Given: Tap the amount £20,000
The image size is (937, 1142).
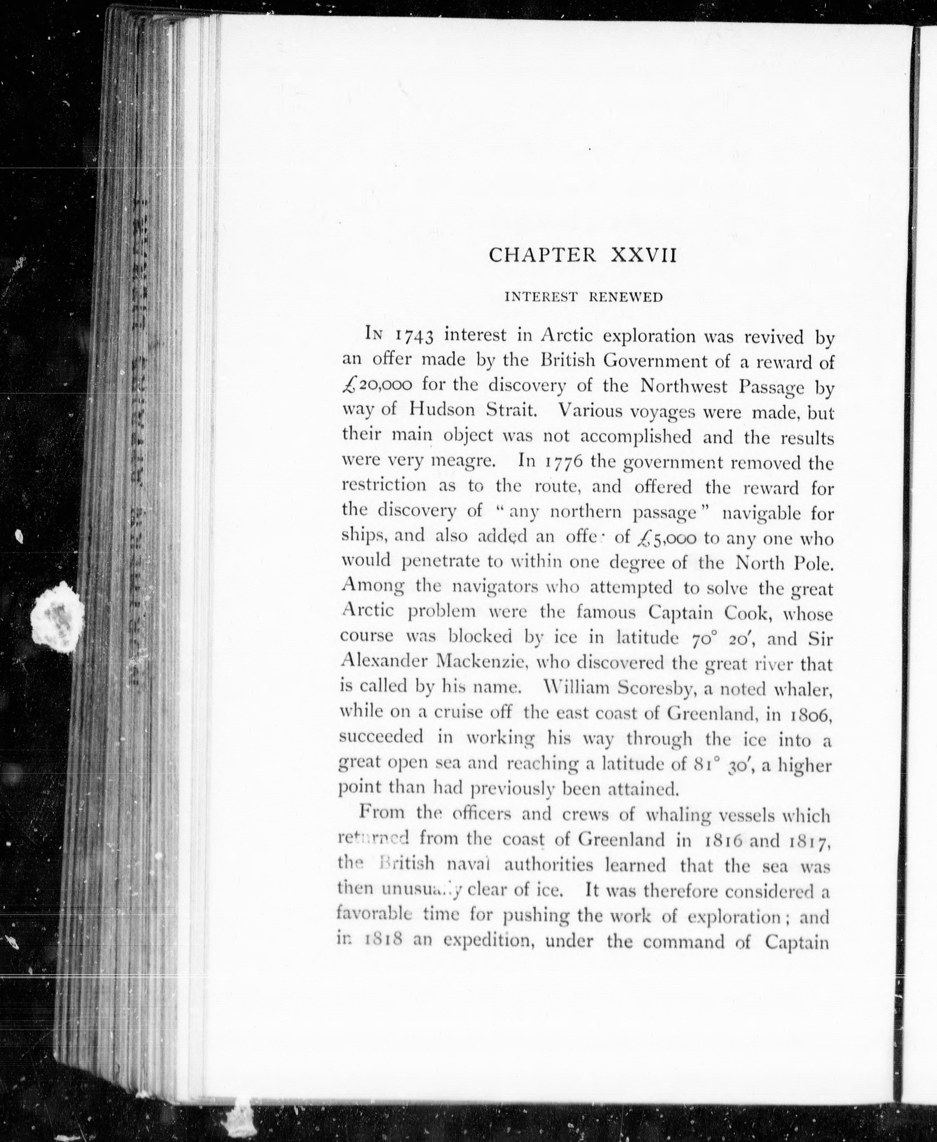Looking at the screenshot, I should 378,385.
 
